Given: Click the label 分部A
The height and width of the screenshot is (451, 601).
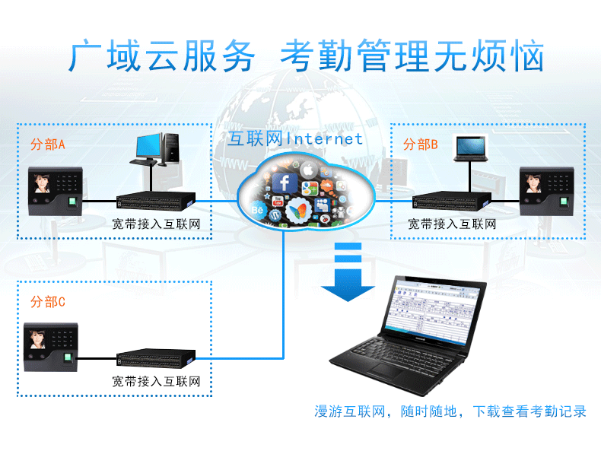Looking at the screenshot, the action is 48,145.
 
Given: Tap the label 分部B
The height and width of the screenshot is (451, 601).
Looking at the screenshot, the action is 421,145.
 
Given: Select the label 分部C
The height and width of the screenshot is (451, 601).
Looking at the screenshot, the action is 48,302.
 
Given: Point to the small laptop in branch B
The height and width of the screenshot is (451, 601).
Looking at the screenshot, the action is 469,147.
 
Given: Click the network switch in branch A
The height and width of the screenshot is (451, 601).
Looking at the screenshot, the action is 156,201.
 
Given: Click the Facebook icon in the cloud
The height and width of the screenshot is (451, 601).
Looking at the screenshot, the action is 285,183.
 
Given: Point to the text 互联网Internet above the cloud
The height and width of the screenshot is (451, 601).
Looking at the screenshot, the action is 295,139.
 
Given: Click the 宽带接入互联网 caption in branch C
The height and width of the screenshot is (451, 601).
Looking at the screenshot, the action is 156,380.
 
